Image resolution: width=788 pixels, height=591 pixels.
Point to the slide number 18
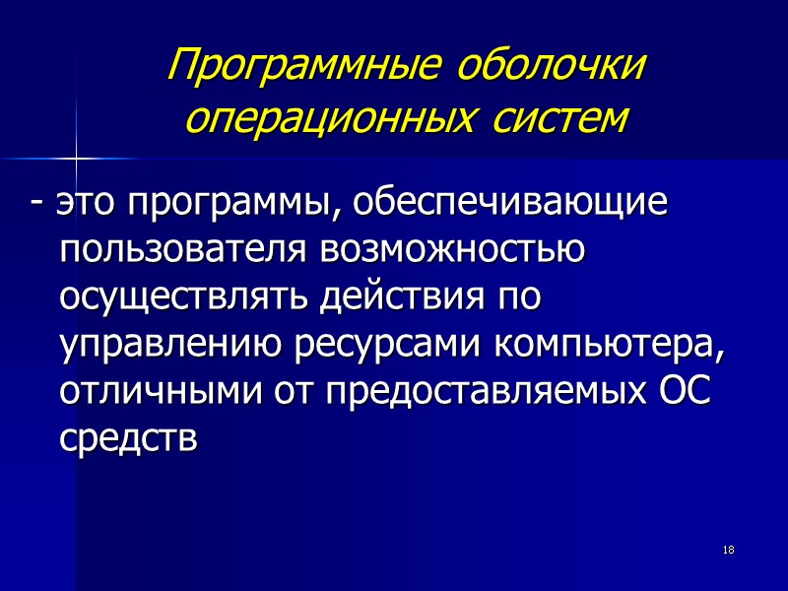tap(729, 549)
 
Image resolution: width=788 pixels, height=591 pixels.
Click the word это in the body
tap(82, 204)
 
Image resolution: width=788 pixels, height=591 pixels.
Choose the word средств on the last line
tap(129, 440)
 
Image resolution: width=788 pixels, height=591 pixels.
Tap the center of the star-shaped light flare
tap(76, 157)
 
